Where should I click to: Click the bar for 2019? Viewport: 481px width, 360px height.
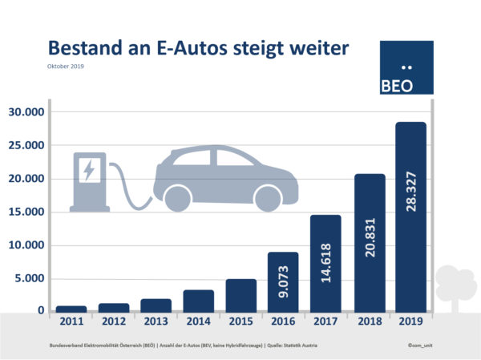tap(410, 216)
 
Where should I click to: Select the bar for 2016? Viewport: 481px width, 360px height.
tap(282, 281)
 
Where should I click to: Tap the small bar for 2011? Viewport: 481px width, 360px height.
tap(71, 308)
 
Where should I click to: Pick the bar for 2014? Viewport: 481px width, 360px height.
tap(198, 300)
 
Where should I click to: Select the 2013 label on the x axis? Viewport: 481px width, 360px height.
tap(156, 322)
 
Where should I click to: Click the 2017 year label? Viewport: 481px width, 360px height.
tap(325, 322)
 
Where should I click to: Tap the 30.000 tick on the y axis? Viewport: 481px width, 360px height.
tap(26, 112)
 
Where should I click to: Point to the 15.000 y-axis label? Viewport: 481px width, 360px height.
tap(26, 212)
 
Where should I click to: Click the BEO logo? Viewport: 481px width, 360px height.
tap(406, 68)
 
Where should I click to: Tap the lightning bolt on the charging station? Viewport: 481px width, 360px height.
tap(89, 170)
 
